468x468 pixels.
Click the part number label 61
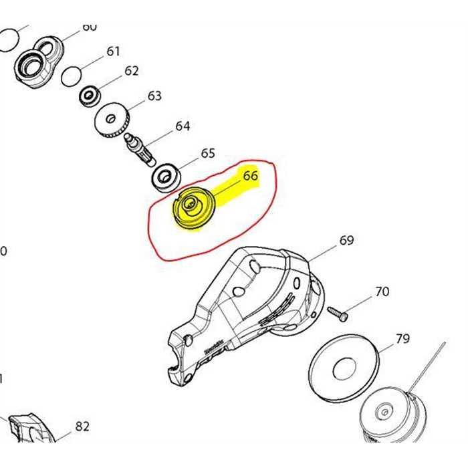113,51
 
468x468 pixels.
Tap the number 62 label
131,71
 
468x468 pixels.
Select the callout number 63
154,96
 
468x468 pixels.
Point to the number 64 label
183,126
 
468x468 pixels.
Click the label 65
208,154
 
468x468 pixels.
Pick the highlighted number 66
250,177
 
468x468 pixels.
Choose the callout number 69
346,241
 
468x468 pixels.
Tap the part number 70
382,292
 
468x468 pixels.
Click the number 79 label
402,339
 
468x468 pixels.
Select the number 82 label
82,427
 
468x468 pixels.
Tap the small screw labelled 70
338,313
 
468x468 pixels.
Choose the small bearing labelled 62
89,96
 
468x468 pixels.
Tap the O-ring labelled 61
71,77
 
